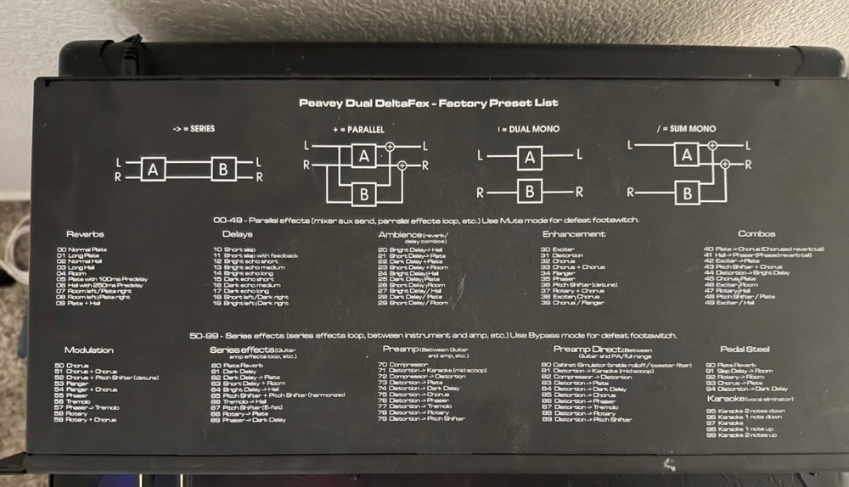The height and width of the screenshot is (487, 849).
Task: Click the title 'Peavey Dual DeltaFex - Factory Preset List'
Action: click(x=428, y=103)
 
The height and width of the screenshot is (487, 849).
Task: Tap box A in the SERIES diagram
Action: click(x=153, y=169)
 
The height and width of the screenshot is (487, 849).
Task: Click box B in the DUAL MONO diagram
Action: click(x=529, y=191)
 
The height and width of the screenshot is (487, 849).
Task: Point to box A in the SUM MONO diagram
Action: click(x=686, y=154)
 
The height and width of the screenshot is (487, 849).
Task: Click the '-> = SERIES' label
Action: click(x=194, y=129)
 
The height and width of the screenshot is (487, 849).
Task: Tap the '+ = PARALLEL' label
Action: click(x=359, y=130)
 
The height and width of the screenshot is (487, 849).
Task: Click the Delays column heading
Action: click(x=237, y=234)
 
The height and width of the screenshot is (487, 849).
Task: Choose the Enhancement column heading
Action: click(x=574, y=234)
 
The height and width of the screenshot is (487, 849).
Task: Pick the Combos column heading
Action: click(x=756, y=234)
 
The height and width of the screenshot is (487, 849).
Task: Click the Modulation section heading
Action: click(x=88, y=350)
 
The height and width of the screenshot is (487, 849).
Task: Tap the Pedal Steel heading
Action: click(x=745, y=349)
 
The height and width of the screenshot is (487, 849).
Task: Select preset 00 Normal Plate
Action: click(x=82, y=250)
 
